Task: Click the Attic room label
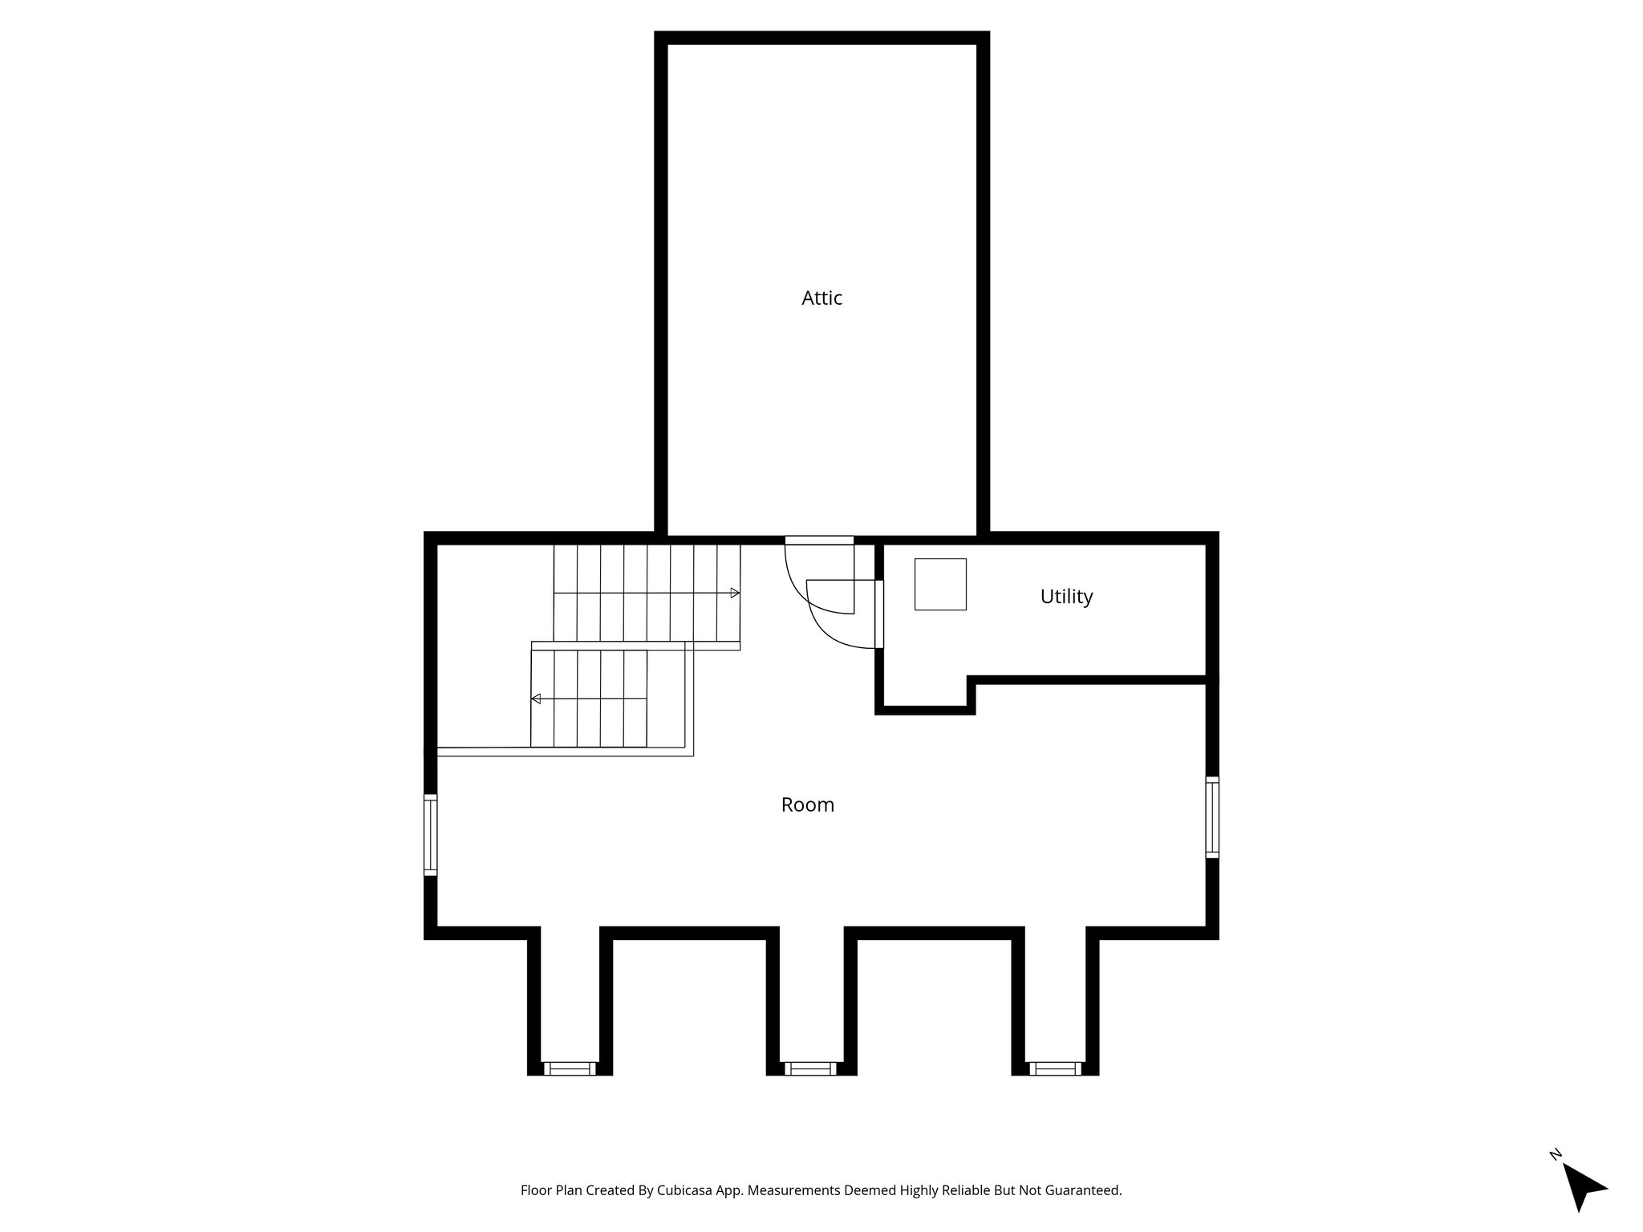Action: point(821,298)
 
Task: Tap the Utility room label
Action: point(1066,597)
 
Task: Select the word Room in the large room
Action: point(807,804)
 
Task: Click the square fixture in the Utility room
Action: point(940,584)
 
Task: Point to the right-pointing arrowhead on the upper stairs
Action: point(735,593)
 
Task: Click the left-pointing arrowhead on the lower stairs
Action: point(536,699)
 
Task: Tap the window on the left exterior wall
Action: point(431,834)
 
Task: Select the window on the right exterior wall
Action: point(1212,817)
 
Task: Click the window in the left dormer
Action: point(570,1068)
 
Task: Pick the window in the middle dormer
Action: point(810,1068)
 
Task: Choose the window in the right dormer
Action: point(1055,1068)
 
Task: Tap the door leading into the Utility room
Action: point(879,614)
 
